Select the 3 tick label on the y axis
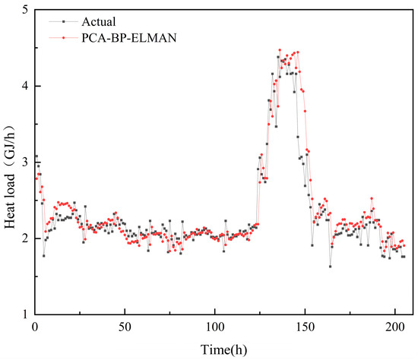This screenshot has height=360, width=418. coord(26,163)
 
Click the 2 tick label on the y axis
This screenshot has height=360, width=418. coord(26,238)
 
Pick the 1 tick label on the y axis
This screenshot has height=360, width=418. coord(26,314)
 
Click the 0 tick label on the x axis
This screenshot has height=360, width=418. coord(35,326)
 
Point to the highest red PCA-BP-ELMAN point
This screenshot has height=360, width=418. coord(280,50)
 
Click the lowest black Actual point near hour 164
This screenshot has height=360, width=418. coord(330,266)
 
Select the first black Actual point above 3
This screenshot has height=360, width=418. coord(36,156)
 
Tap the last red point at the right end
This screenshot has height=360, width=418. coord(404,245)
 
